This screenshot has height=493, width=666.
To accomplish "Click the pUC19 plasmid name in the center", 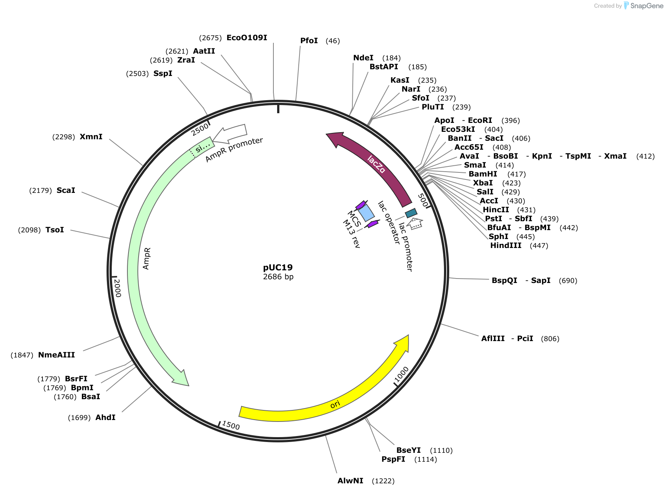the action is click(x=278, y=267).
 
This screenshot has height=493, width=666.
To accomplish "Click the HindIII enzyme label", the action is click(x=506, y=245).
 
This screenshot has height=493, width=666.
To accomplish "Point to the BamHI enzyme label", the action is click(x=483, y=174).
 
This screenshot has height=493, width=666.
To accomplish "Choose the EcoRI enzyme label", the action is click(x=480, y=120).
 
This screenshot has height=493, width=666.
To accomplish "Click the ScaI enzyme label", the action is click(x=66, y=190).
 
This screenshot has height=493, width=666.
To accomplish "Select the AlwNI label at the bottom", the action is click(x=350, y=481).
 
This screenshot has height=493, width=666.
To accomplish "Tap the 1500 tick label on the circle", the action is click(x=231, y=425).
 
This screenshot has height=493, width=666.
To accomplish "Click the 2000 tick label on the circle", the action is click(x=117, y=288).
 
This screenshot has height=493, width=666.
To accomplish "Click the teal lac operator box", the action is click(x=411, y=213).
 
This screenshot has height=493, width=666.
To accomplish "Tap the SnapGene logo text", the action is click(x=647, y=6).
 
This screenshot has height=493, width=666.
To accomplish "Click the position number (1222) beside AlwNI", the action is click(x=383, y=481).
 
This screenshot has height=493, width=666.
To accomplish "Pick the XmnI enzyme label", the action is click(x=91, y=137).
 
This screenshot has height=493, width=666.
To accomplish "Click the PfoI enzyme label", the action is click(x=309, y=41).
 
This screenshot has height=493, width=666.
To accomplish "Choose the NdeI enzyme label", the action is click(x=363, y=58).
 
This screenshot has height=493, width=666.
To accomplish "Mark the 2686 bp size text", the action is click(x=278, y=277).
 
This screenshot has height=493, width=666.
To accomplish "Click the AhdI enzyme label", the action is click(x=105, y=417).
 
